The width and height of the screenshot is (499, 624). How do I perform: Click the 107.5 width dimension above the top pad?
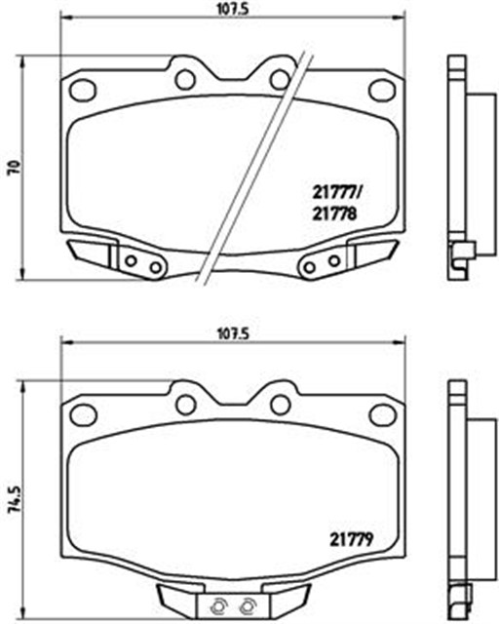[232, 9]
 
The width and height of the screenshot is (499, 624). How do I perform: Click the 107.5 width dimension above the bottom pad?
[232, 333]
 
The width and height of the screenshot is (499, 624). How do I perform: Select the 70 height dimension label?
[15, 168]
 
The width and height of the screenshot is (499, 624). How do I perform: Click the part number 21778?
[334, 214]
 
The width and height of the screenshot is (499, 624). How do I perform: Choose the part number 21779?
[351, 539]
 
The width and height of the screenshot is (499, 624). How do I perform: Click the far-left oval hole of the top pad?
[83, 90]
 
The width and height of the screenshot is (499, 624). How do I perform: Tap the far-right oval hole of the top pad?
[382, 90]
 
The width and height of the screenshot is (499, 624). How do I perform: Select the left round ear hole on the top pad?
[185, 79]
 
